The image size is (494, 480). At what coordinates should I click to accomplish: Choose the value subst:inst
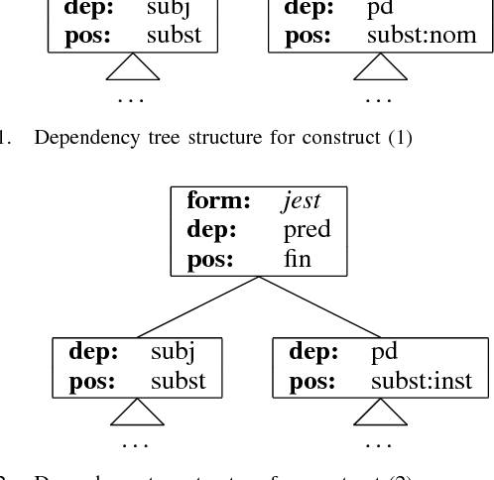pyautogui.click(x=422, y=380)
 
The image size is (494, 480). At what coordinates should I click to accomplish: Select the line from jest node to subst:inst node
pyautogui.click(x=319, y=306)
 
